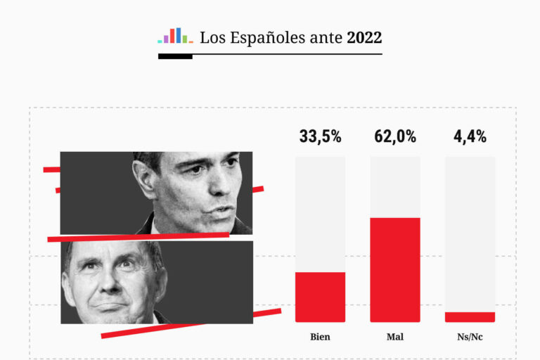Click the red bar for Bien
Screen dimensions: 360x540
click(x=320, y=297)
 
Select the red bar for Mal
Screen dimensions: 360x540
click(x=395, y=269)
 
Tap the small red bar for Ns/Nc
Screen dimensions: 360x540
click(x=470, y=317)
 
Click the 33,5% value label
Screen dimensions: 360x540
click(x=320, y=136)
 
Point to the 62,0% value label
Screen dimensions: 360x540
click(x=395, y=136)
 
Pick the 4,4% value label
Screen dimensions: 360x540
click(x=470, y=136)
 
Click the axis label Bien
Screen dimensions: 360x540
click(x=320, y=337)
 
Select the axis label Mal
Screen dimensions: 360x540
click(x=395, y=337)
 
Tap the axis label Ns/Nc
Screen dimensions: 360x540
click(x=470, y=337)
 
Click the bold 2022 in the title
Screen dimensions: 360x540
click(x=364, y=37)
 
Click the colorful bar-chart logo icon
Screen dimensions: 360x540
click(x=175, y=36)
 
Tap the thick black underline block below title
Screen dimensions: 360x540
click(x=175, y=56)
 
